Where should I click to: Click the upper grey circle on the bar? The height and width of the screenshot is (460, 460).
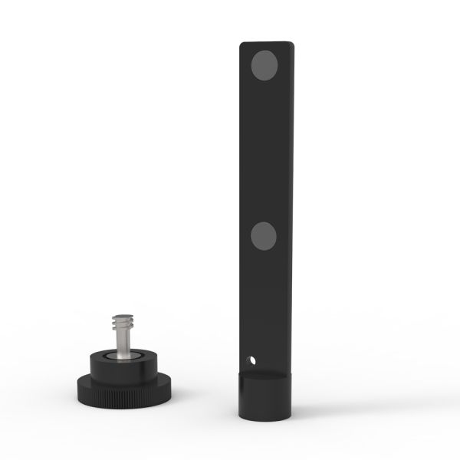[265, 65]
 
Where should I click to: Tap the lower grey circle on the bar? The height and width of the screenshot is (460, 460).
[264, 236]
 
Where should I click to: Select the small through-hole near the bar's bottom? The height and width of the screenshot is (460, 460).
[250, 359]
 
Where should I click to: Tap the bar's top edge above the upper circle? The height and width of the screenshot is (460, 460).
[266, 43]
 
